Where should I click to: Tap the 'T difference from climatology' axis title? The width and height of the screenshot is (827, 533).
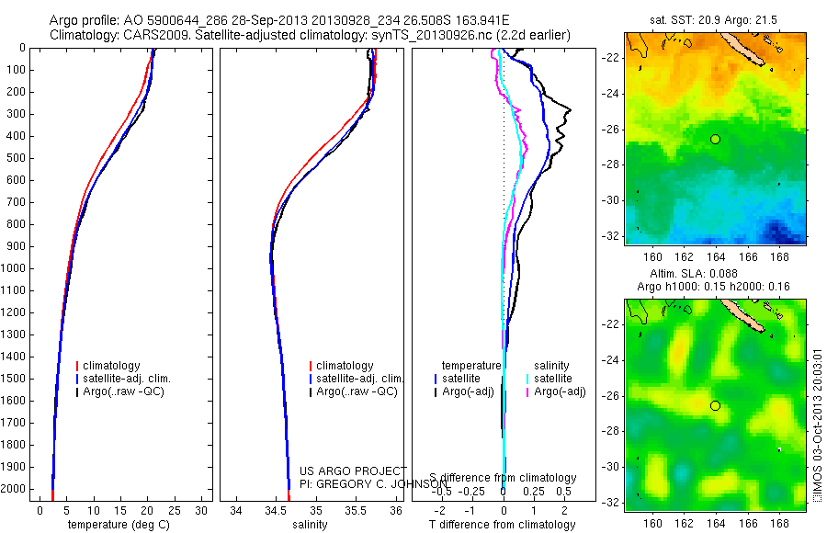pyautogui.click(x=503, y=525)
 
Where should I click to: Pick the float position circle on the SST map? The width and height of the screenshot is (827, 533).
pyautogui.click(x=715, y=139)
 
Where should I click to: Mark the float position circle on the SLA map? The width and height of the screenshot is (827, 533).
pyautogui.click(x=715, y=405)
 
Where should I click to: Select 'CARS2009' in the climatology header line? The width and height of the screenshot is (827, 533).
pyautogui.click(x=148, y=35)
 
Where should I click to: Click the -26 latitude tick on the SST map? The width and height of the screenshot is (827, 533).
pyautogui.click(x=611, y=130)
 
